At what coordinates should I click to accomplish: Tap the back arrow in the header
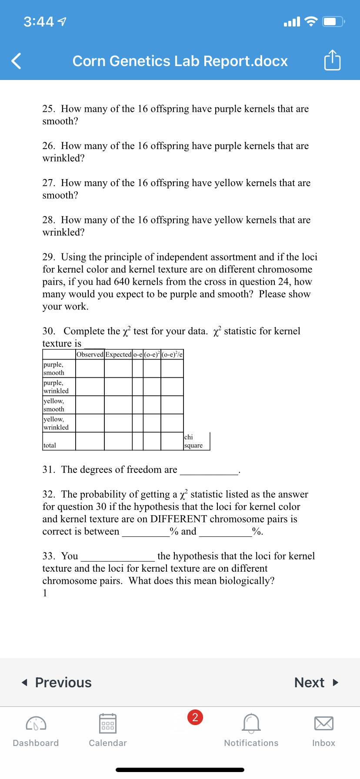[x=16, y=61]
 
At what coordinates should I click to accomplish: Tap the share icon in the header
[x=332, y=60]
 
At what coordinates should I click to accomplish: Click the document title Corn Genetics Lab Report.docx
[x=180, y=61]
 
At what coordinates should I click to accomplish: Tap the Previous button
[x=57, y=682]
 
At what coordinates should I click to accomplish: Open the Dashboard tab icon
[x=36, y=724]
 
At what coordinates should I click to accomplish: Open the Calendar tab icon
[x=108, y=724]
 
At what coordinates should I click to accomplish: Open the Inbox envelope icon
[x=323, y=724]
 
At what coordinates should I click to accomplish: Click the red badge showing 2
[x=195, y=717]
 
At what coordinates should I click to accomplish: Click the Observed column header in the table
[x=90, y=354]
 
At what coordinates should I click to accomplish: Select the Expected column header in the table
[x=118, y=354]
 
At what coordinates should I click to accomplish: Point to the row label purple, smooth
[x=54, y=369]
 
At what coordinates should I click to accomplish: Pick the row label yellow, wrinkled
[x=56, y=423]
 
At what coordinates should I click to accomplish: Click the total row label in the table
[x=50, y=445]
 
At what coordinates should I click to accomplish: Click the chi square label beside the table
[x=193, y=441]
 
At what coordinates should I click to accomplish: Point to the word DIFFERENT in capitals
[x=179, y=519]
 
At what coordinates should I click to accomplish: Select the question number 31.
[x=48, y=469]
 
